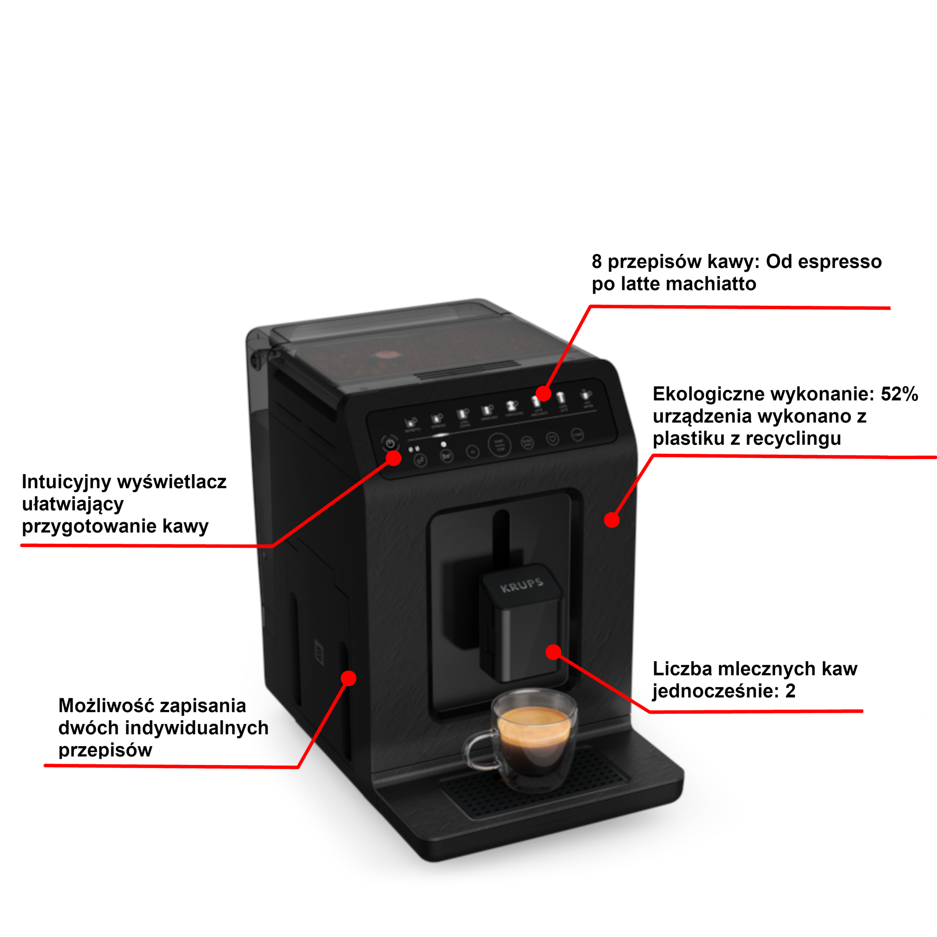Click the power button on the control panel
(x=390, y=443)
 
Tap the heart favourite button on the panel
(x=553, y=438)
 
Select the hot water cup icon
(x=586, y=394)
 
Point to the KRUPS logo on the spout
(x=521, y=586)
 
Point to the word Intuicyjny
(x=66, y=482)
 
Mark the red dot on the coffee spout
(x=553, y=652)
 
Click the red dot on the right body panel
(x=612, y=520)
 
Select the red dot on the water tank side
(x=348, y=678)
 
